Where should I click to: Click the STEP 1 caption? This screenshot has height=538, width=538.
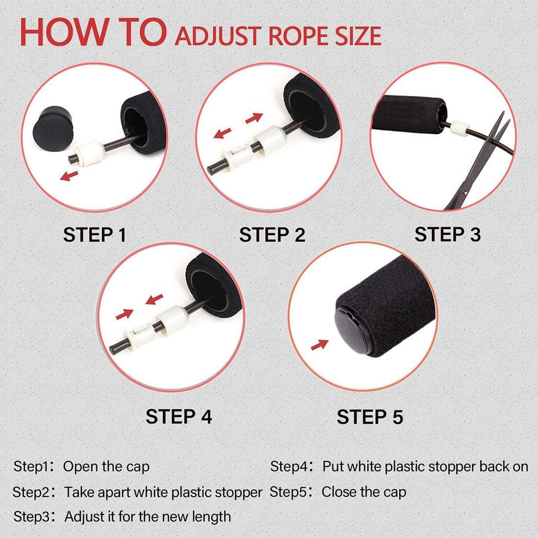pos(94,235)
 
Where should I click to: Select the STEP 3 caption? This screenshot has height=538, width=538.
pos(448,235)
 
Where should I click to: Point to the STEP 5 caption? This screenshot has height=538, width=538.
pos(370,417)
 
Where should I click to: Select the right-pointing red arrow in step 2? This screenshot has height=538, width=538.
pos(253,117)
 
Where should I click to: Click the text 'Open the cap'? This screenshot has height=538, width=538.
pos(106,467)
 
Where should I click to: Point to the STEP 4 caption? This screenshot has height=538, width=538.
pos(179,417)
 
